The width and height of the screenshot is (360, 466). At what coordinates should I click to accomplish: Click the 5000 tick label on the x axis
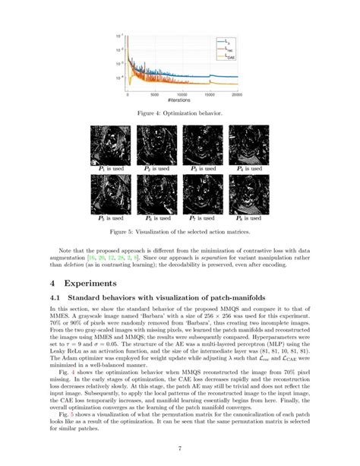(x=155, y=95)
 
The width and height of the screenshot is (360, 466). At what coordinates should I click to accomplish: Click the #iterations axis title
(x=182, y=101)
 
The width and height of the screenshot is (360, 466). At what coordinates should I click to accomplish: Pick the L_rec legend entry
(x=229, y=48)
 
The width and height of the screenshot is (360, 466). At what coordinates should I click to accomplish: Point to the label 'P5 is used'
(x=109, y=216)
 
